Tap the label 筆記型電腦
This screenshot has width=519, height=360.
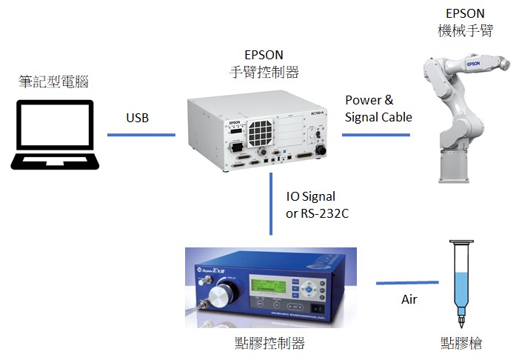(53, 82)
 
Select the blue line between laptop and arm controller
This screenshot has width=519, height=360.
(141, 135)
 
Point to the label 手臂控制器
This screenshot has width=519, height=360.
(264, 72)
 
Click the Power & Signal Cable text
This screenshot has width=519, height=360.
(378, 109)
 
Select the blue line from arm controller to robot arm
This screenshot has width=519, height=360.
(375, 135)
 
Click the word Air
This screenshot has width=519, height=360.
(409, 299)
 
